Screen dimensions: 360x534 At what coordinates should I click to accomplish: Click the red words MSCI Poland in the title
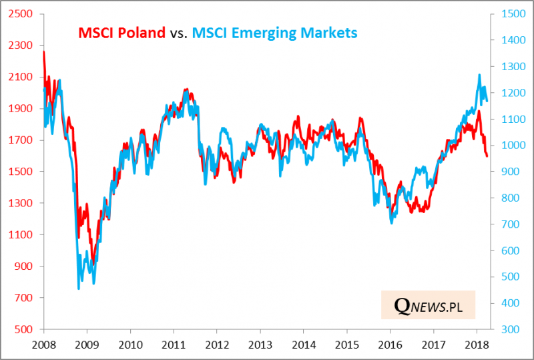121,33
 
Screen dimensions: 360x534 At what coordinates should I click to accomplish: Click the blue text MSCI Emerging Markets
274,33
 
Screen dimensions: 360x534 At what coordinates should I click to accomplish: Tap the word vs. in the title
178,33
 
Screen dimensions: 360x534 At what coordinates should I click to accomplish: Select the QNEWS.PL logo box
428,305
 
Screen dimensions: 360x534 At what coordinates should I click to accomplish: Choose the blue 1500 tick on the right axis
510,14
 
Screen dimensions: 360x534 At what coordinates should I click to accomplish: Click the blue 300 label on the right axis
507,329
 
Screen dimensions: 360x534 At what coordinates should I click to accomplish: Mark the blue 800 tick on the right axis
507,198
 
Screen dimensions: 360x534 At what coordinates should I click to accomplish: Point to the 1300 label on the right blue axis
510,67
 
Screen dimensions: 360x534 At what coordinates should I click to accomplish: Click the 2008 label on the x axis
43,345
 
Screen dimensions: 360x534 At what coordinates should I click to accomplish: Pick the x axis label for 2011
173,345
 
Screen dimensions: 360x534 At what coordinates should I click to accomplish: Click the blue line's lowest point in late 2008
79,289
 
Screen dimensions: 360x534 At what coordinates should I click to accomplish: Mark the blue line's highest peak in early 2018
479,75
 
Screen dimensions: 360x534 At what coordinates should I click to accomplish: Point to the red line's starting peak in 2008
43,51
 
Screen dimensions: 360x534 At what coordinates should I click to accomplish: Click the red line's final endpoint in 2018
487,156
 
